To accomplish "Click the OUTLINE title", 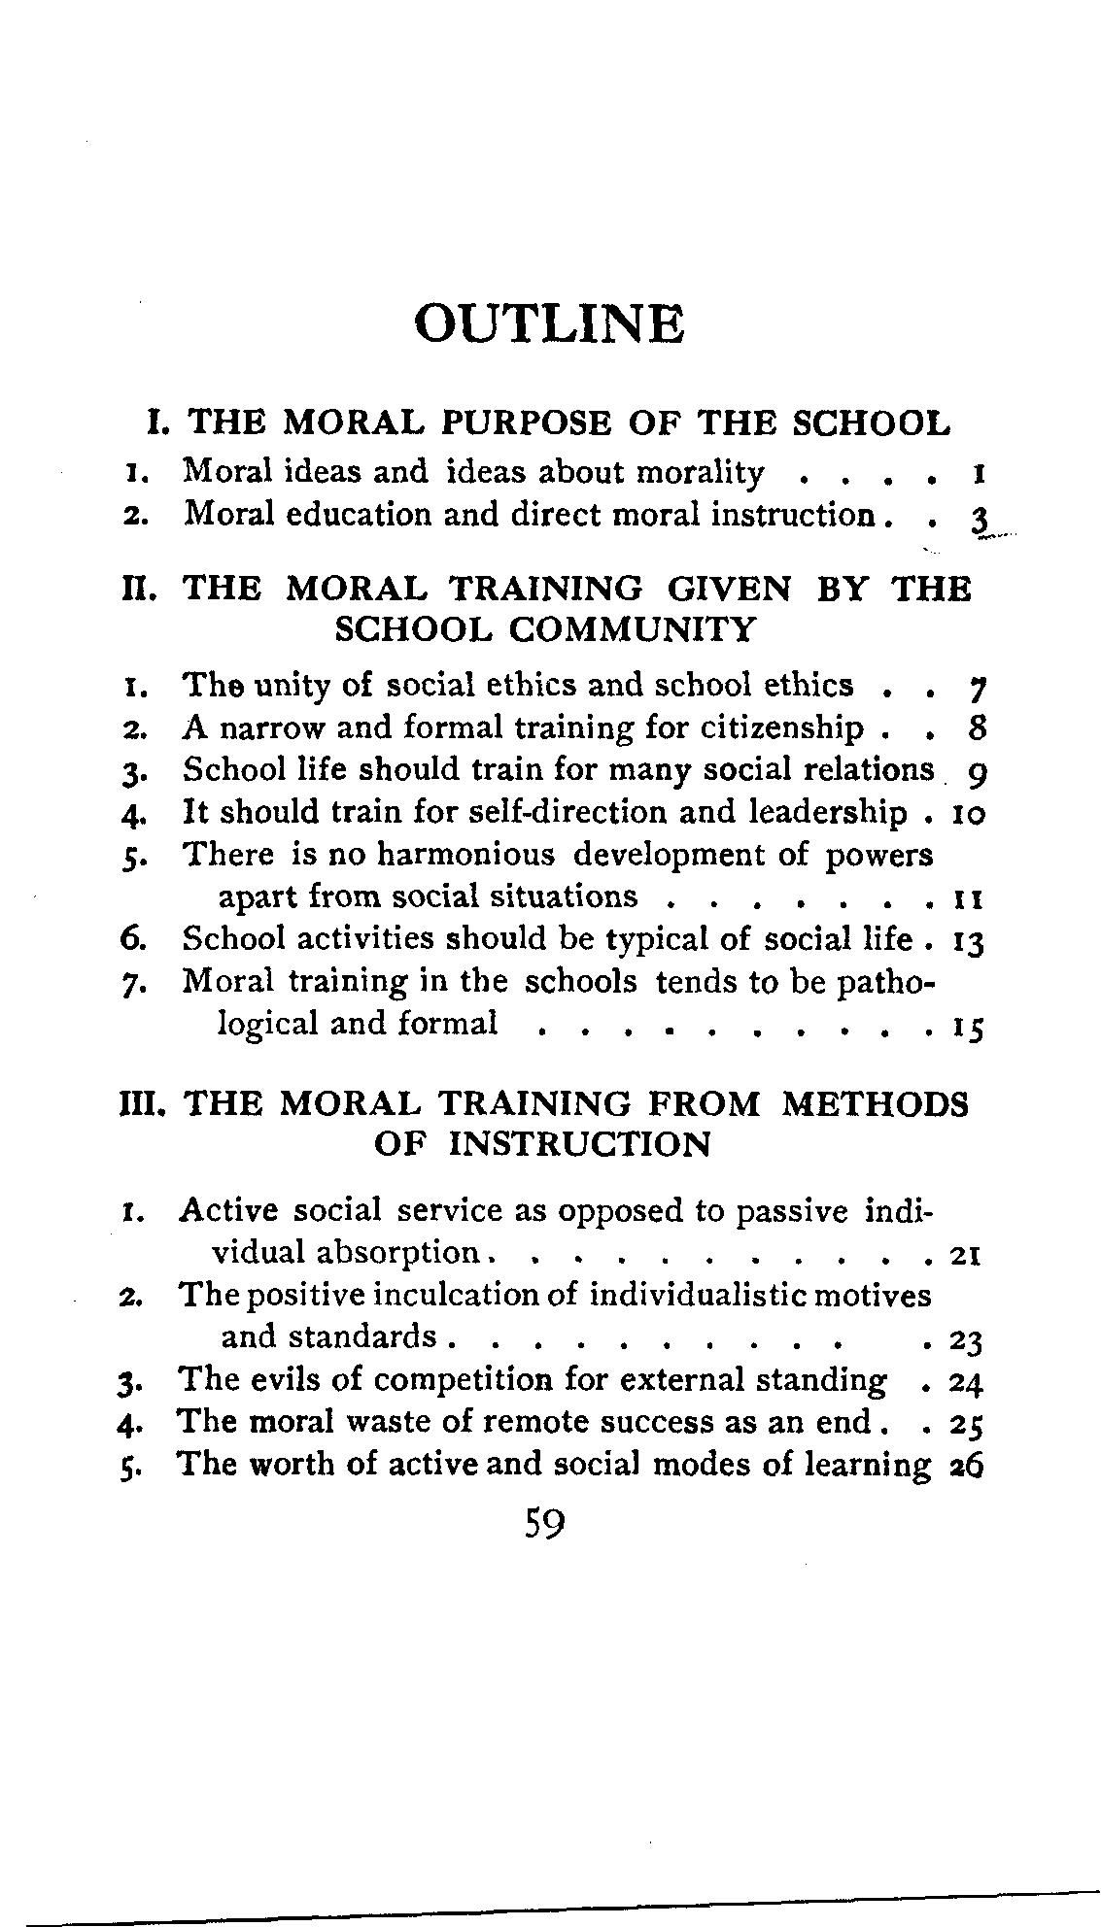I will (x=549, y=323).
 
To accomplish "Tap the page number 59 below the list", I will (x=544, y=1524).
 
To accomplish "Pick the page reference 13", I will (x=970, y=940).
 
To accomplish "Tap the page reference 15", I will (x=969, y=1026).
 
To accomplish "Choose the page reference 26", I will (x=969, y=1467).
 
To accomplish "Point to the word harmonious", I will (x=465, y=855).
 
